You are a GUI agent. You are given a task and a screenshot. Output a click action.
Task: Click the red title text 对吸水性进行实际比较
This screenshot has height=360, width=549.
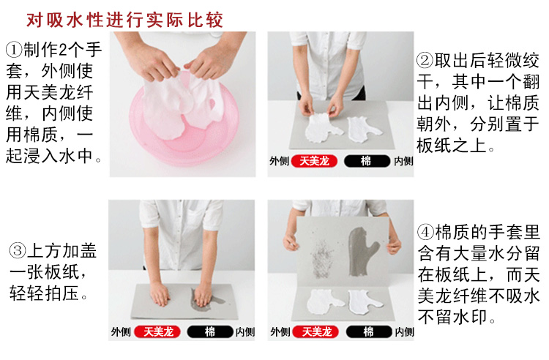(125, 17)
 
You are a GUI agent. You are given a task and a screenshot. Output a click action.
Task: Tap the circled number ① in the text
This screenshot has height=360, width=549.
(14, 50)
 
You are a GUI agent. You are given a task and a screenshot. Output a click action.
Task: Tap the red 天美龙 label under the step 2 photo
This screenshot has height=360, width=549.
(315, 162)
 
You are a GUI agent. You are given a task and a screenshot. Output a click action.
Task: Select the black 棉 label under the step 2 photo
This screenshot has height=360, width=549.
(366, 162)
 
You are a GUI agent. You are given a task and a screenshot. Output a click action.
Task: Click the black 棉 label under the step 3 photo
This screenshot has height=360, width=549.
(210, 331)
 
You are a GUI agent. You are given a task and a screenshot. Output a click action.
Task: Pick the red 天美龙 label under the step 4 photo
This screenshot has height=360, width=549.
(315, 331)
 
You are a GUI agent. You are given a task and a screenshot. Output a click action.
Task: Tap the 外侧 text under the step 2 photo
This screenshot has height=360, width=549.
(279, 162)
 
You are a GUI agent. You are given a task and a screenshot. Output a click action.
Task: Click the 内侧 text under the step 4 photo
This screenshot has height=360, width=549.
(403, 331)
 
